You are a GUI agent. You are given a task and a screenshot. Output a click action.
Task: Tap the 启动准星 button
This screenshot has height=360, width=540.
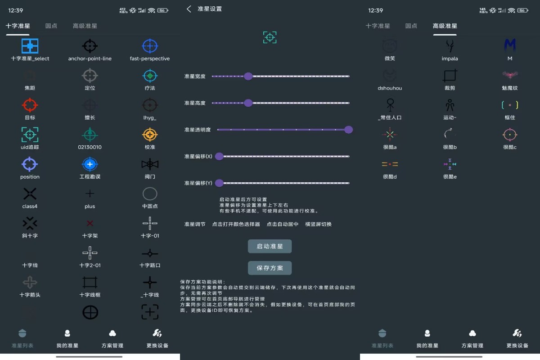[x=270, y=246]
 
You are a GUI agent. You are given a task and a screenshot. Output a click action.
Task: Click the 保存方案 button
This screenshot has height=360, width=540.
[x=270, y=268]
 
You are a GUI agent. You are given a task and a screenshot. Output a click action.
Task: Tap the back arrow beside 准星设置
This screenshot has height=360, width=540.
[x=189, y=9]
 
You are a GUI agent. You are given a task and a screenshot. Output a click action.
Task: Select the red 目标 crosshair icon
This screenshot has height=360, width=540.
[x=30, y=105]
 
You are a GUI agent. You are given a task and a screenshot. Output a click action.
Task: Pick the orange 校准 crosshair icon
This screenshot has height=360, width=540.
[x=150, y=135]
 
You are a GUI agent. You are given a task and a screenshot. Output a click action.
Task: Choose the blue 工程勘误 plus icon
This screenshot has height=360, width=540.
[x=90, y=164]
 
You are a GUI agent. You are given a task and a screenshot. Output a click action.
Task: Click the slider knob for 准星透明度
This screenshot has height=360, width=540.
[x=348, y=130]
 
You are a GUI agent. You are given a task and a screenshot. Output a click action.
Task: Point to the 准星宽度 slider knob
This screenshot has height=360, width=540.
[x=248, y=76]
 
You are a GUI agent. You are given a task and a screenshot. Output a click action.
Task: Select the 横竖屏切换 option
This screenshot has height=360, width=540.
[x=318, y=224]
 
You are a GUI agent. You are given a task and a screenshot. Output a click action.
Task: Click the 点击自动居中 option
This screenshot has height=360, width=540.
[x=282, y=224]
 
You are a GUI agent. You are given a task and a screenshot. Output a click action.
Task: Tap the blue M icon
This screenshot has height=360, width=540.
[x=510, y=45]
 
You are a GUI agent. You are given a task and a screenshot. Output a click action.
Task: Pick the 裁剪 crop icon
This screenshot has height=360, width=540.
[x=450, y=75]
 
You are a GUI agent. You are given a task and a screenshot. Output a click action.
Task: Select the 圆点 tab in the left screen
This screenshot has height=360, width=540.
[x=51, y=26]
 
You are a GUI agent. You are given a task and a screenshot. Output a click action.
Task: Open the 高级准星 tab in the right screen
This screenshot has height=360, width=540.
[x=445, y=26]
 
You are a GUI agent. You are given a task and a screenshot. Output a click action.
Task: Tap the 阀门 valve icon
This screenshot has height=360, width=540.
[x=150, y=164]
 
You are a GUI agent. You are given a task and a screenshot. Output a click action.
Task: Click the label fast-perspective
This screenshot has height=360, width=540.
[x=150, y=58]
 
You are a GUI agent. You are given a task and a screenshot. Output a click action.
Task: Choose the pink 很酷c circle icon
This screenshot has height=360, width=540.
[x=510, y=134]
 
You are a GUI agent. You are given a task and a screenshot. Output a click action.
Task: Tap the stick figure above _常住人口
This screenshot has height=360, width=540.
[x=390, y=105]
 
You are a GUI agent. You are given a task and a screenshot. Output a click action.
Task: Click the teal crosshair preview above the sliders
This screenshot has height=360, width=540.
[x=270, y=37]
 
